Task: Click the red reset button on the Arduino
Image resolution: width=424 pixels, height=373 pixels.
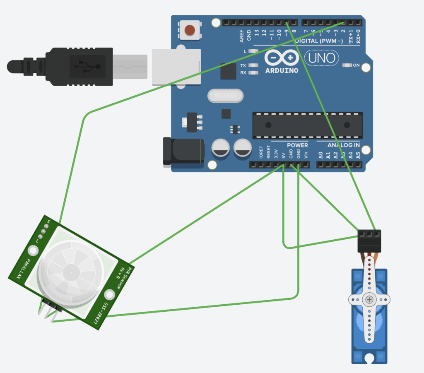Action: pyautogui.click(x=190, y=30)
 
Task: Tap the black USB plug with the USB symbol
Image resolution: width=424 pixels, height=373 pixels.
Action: pyautogui.click(x=79, y=66)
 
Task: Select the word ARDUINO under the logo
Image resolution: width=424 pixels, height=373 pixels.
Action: pyautogui.click(x=282, y=70)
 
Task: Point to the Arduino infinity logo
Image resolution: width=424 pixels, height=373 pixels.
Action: pyautogui.click(x=282, y=58)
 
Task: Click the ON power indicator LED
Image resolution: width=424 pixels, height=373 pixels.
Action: pyautogui.click(x=347, y=65)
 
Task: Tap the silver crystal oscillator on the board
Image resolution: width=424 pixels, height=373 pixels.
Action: pyautogui.click(x=225, y=96)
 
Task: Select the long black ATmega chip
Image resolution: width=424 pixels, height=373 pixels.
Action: pyautogui.click(x=308, y=125)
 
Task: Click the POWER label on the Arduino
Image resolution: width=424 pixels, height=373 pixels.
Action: pyautogui.click(x=297, y=145)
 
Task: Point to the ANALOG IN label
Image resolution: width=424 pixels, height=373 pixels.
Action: pyautogui.click(x=343, y=145)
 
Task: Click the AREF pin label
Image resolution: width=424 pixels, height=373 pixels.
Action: pyautogui.click(x=242, y=36)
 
